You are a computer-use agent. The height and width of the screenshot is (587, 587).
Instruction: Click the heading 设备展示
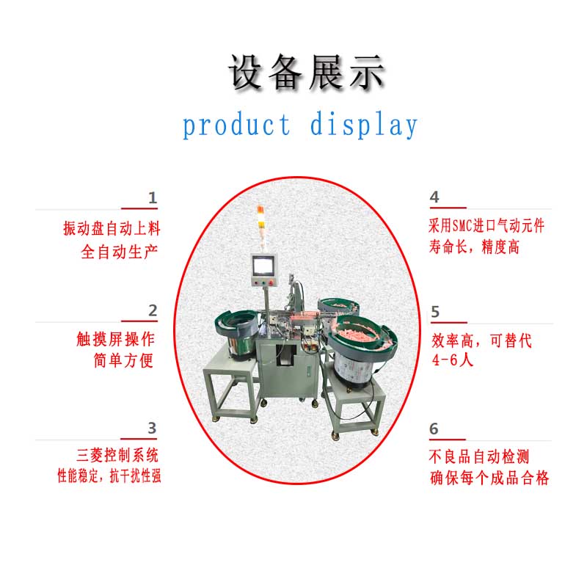pyautogui.click(x=306, y=72)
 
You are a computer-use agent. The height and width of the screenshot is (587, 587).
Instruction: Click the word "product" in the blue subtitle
pyautogui.click(x=236, y=125)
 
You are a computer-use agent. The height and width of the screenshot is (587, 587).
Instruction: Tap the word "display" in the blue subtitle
pyautogui.click(x=363, y=125)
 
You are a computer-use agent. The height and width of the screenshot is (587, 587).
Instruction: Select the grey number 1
pyautogui.click(x=153, y=197)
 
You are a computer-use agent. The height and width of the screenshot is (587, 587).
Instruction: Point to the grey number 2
pyautogui.click(x=153, y=310)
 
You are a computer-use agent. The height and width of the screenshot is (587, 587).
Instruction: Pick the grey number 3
pyautogui.click(x=152, y=428)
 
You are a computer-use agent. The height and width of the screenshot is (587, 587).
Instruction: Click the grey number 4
pyautogui.click(x=434, y=197)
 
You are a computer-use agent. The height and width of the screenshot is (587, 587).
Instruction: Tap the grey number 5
pyautogui.click(x=435, y=312)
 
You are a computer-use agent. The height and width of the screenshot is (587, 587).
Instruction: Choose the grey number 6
pyautogui.click(x=434, y=429)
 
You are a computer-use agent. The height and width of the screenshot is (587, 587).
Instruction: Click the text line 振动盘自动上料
pyautogui.click(x=112, y=228)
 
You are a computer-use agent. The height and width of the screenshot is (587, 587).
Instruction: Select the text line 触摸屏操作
pyautogui.click(x=115, y=339)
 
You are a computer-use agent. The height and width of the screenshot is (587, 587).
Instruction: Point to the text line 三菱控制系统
pyautogui.click(x=117, y=455)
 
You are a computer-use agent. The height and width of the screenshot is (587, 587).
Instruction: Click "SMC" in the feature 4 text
pyautogui.click(x=462, y=226)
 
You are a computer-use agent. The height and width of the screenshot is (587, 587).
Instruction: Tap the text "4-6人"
pyautogui.click(x=452, y=360)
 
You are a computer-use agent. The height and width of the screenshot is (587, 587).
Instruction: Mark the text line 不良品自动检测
pyautogui.click(x=479, y=456)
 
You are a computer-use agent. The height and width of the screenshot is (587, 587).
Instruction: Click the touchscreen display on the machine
pyautogui.click(x=263, y=266)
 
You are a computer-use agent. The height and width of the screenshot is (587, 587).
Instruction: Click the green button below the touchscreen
pyautogui.click(x=263, y=283)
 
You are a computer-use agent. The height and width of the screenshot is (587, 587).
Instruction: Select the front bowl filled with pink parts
pyautogui.click(x=362, y=337)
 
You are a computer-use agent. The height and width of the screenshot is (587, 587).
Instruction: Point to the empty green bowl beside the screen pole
pyautogui.click(x=236, y=327)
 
